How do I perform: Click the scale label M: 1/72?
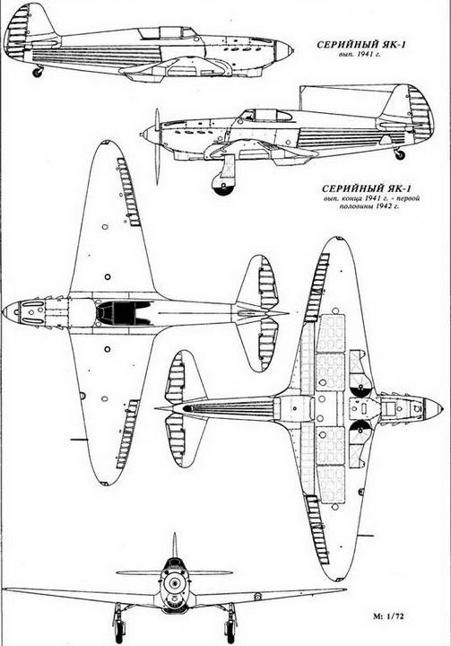point(388,616)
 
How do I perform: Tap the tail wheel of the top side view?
point(38,73)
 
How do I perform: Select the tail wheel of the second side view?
point(399,154)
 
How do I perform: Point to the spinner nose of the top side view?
point(284,50)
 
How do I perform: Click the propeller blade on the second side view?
point(157,146)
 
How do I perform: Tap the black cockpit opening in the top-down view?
point(119,313)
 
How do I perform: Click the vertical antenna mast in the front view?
point(174,546)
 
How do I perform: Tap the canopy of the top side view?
point(169,32)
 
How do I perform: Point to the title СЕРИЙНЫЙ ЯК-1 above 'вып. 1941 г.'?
point(360,45)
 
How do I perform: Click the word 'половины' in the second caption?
point(354,206)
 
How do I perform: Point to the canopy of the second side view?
point(268,116)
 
